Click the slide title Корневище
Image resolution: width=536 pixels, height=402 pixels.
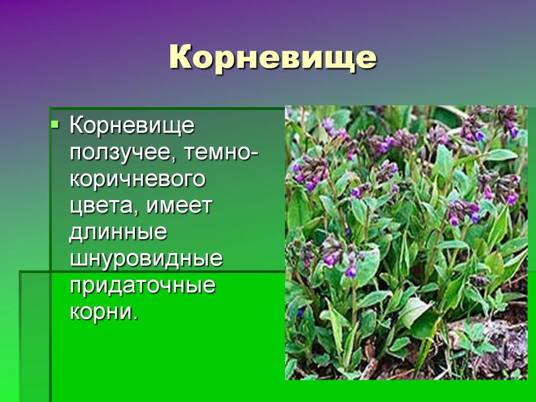coord(272,58)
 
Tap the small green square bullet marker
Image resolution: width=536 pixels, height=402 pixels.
coord(55,125)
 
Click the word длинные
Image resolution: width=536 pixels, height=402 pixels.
coord(118,232)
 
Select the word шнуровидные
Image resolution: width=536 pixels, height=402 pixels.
coord(146,259)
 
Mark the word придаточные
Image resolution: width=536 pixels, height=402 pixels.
coord(143,286)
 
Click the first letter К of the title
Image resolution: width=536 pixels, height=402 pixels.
coord(180,58)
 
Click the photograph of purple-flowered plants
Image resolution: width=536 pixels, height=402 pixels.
coord(406,242)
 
